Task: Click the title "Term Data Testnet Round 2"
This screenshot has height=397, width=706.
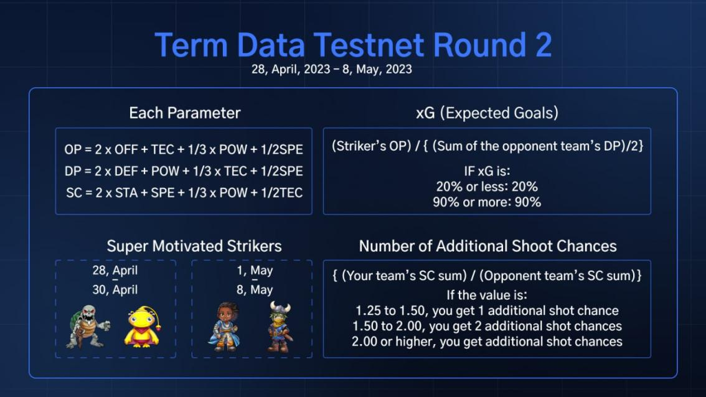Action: coord(353,45)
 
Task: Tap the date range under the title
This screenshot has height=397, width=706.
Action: coord(331,69)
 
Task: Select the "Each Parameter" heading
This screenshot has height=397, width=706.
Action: coord(185,113)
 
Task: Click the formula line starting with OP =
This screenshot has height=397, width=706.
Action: coord(184,149)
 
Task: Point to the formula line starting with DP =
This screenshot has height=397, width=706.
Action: coord(184,171)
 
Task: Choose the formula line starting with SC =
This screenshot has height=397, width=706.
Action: coord(184,193)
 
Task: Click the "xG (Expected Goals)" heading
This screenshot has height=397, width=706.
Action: coord(487,113)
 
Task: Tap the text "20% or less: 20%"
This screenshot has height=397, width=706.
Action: coord(487,186)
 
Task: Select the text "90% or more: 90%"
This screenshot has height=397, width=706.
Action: coord(487,202)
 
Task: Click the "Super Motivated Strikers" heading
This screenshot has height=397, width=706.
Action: coord(194,246)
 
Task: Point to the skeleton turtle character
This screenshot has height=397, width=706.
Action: coord(88,327)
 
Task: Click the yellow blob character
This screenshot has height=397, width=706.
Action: coord(143,327)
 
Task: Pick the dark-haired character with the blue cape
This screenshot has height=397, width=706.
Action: coord(225,327)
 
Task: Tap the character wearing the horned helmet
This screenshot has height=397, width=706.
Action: coord(280,327)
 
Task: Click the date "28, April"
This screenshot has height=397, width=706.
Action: coord(115,271)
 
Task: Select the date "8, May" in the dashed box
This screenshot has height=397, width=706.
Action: coord(255,290)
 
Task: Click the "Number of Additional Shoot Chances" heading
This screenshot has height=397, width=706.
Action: coord(487,246)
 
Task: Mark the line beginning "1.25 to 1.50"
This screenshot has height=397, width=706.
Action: coord(487,311)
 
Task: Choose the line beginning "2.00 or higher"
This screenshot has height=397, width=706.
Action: coord(487,342)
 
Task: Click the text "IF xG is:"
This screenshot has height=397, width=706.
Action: coord(487,171)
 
